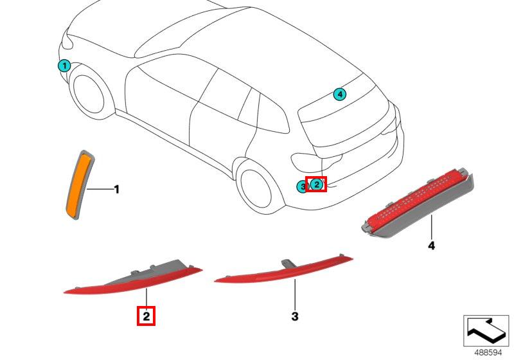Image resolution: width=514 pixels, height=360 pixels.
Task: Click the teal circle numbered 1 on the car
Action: [x=64, y=66]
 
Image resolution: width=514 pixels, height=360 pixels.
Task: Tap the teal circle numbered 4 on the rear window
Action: [x=340, y=94]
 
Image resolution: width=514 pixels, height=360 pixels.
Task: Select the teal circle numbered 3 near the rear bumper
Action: [x=302, y=187]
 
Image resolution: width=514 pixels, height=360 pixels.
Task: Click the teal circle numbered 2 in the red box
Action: [x=316, y=184]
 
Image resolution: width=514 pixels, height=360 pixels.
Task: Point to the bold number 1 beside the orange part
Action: [x=116, y=190]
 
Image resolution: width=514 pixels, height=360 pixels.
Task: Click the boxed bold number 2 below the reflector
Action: [x=146, y=316]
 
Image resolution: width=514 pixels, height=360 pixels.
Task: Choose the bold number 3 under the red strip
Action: [x=295, y=316]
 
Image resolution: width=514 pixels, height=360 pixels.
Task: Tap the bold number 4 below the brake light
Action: [x=431, y=245]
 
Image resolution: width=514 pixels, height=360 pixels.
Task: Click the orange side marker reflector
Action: [x=79, y=185]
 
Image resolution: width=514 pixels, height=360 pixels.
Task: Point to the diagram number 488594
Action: [x=488, y=353]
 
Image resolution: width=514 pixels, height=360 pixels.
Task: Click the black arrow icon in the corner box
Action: [x=486, y=330]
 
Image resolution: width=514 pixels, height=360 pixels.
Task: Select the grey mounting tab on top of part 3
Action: [x=288, y=263]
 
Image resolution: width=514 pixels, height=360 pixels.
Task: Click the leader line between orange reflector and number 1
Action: [x=99, y=189]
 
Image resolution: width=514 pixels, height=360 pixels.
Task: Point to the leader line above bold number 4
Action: [x=431, y=227]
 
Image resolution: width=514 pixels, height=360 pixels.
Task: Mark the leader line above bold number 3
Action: [x=295, y=294]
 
